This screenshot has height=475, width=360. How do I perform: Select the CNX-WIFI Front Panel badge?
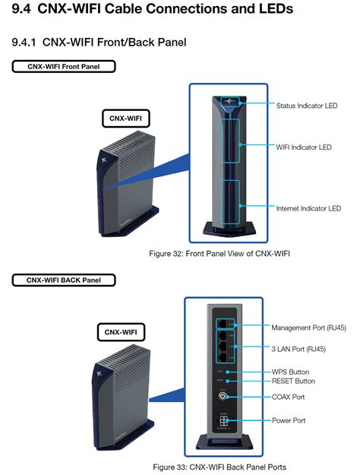pos(63,66)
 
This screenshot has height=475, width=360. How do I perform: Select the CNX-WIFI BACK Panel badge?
pos(63,280)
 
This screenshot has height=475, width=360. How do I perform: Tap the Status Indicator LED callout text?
pos(307,106)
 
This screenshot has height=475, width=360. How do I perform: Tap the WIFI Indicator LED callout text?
pos(304,147)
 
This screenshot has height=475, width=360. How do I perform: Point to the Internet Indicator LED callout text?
pos(308,207)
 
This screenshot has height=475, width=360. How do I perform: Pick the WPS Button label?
pos(292,372)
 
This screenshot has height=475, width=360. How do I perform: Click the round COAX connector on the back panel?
pos(223,397)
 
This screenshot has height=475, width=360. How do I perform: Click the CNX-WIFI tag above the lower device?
pos(122,332)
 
